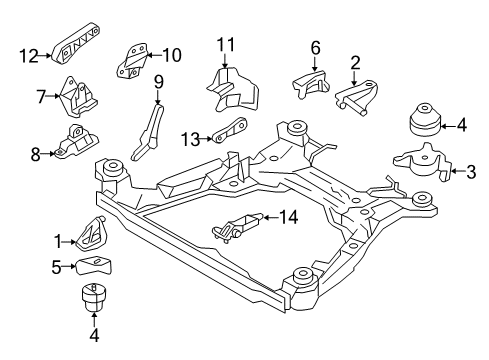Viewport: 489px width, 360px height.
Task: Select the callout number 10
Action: click(x=172, y=54)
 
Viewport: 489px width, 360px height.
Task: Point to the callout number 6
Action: click(x=314, y=47)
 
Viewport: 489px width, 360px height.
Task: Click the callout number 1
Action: click(x=58, y=240)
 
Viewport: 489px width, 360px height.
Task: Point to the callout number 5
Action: click(x=58, y=266)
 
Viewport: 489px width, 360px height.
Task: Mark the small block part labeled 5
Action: click(x=97, y=264)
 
